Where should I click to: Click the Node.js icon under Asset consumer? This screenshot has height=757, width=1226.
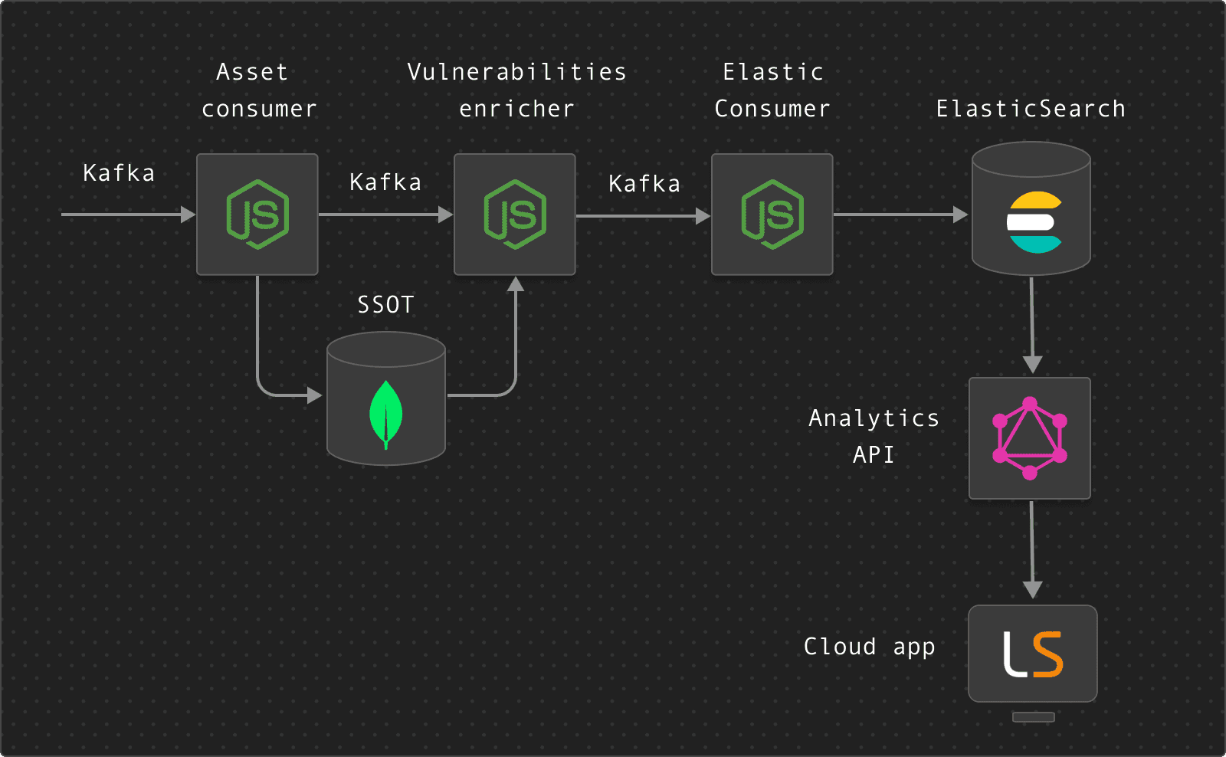point(257,215)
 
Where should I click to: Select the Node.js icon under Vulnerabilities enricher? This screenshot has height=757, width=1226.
point(514,215)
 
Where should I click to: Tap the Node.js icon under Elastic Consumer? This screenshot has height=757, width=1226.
point(772,215)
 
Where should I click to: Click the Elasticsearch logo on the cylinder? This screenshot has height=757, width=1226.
point(1034,222)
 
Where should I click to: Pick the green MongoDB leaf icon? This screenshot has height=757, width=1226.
point(386,415)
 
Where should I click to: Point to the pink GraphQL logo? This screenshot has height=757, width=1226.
point(1030,438)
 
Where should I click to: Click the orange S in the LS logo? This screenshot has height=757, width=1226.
point(1047,654)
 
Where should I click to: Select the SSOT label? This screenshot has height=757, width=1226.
point(385,305)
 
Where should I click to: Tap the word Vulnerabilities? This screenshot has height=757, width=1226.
point(516,72)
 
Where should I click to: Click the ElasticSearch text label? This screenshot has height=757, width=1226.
point(1031,108)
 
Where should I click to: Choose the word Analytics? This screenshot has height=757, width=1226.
point(874,419)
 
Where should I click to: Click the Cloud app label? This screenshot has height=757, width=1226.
point(869,647)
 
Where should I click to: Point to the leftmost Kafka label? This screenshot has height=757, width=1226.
point(119,173)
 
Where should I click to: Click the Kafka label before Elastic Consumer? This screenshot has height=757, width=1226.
point(644,183)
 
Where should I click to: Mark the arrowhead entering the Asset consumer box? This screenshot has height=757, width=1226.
point(188,215)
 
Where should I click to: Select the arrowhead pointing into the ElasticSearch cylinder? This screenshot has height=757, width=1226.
point(961,215)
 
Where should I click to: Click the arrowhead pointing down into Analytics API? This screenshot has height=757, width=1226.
point(1032,365)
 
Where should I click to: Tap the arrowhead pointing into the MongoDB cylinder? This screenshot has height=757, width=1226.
point(315,395)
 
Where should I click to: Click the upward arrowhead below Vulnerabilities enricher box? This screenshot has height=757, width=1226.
point(516,284)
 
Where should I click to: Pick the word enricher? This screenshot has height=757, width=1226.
point(516,108)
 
